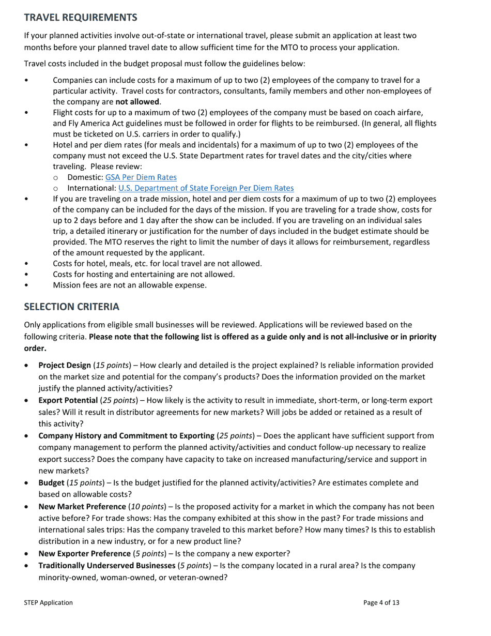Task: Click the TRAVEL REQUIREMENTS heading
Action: coord(81,18)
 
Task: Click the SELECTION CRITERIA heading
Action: coord(72,307)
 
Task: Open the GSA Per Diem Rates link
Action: coord(141,177)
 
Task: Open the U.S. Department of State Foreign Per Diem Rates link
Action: coord(206,188)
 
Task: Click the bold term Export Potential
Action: coord(68,400)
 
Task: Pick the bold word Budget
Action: coord(51,482)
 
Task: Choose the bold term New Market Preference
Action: coord(82,506)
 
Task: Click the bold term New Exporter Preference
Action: coord(84,553)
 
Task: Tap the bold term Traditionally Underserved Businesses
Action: coord(106,565)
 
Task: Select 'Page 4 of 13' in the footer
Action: coord(381,602)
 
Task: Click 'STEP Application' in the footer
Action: coord(48,602)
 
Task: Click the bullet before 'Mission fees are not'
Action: coord(26,285)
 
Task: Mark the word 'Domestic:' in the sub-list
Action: coord(85,177)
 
